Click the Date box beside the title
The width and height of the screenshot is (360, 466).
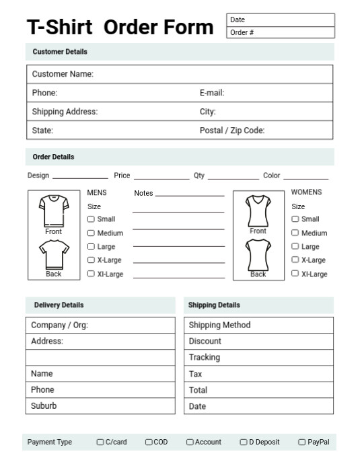tap(280, 20)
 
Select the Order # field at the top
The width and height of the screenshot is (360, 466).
tap(280, 32)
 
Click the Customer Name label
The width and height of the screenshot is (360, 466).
tap(63, 74)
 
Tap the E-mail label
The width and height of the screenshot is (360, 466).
tap(212, 93)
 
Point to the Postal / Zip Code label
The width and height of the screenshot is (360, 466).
tap(232, 130)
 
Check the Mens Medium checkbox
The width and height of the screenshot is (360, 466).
tap(91, 233)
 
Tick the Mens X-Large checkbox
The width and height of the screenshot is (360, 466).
tap(91, 260)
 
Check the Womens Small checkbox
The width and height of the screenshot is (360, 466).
tap(295, 219)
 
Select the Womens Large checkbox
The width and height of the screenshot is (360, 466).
tap(295, 247)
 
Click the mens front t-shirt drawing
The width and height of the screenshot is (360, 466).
tap(53, 211)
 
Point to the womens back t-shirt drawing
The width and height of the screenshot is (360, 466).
tap(258, 255)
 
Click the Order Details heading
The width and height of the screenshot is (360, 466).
tap(54, 157)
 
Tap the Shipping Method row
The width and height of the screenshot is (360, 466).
tap(258, 325)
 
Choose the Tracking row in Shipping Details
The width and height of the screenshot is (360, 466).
tap(258, 358)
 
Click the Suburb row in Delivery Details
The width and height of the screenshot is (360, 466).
tap(100, 406)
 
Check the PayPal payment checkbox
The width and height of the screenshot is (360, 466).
tap(301, 442)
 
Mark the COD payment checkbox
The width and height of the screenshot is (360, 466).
tap(149, 442)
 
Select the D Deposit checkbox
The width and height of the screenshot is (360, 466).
tap(244, 442)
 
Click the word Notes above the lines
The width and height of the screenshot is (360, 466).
tap(143, 194)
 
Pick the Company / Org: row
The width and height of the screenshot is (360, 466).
tap(100, 325)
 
